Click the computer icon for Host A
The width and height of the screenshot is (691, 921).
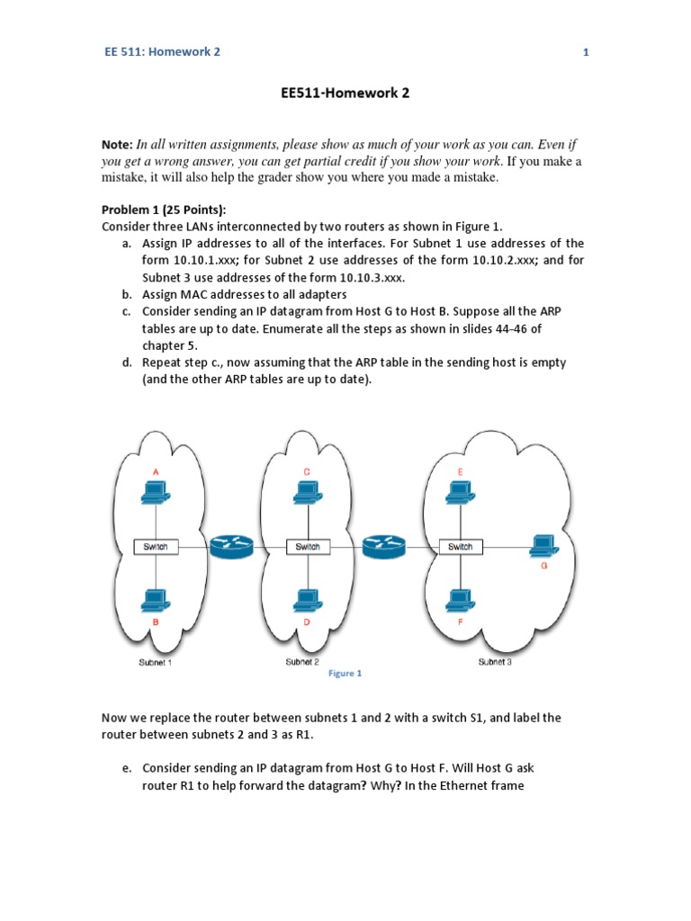coord(156,490)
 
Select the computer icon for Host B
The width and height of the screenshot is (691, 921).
coord(156,599)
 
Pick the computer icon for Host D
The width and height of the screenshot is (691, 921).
coord(307,599)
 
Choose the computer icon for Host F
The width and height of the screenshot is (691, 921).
coord(460,599)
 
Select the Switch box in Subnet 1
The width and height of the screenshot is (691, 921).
coord(156,546)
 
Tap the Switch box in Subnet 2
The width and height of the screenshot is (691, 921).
coord(308,546)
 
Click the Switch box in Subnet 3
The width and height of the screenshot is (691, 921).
coord(460,546)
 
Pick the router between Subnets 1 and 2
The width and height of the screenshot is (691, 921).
coord(232,545)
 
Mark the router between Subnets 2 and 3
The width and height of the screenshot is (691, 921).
coord(384,545)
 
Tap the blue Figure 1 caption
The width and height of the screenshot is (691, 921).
coord(345,673)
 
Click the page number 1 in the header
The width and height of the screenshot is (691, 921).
coord(586,52)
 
